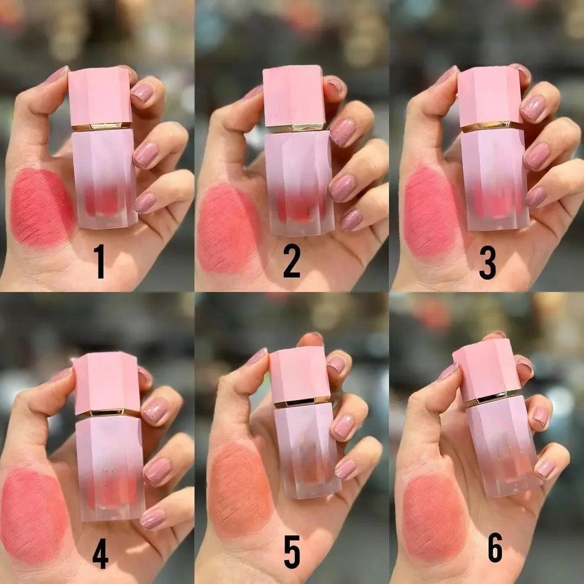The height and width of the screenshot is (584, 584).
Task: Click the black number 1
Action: [x=99, y=261]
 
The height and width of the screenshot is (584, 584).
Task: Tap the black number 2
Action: [x=291, y=261]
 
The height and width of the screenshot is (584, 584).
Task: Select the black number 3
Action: [x=487, y=262]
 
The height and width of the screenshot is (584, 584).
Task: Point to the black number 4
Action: [x=100, y=553]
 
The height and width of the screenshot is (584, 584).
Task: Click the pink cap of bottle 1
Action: [x=100, y=96]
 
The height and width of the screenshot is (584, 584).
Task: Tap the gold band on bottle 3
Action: [x=492, y=127]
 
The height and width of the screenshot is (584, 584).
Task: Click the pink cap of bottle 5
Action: [x=300, y=374]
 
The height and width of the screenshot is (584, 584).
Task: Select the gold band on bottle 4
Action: [x=108, y=414]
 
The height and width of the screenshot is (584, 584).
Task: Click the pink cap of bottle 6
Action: [x=487, y=369]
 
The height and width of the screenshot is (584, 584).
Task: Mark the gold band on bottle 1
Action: [x=101, y=127]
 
